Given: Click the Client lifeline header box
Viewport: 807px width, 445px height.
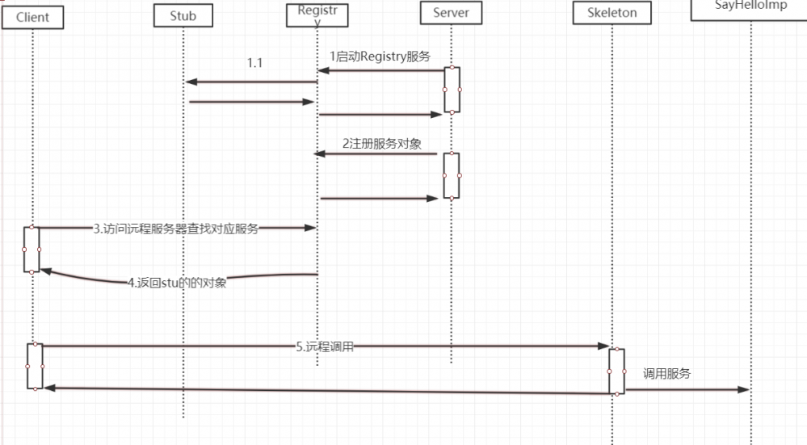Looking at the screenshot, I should pos(32,17).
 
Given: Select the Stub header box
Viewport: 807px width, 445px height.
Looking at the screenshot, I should pos(183,15).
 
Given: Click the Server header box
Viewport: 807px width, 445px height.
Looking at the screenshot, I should pos(451,13).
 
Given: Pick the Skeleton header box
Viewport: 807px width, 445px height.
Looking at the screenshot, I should pos(611,13).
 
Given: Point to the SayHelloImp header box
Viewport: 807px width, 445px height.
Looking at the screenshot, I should pos(750,7).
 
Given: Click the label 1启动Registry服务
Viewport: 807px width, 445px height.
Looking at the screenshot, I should pos(380,56).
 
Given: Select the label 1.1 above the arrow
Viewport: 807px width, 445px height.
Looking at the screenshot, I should pos(254,63).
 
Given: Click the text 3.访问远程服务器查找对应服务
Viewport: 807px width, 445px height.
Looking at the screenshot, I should pos(175,229).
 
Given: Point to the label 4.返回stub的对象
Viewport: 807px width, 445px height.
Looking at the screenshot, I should pos(177,283).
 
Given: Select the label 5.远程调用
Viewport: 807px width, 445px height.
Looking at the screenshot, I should pos(325,346).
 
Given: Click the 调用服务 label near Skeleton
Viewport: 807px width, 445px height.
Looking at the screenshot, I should pos(666,374).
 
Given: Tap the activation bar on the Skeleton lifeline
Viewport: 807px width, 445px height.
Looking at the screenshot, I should pos(616,371).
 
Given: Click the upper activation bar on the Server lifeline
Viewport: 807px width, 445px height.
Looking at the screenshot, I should pos(452,90).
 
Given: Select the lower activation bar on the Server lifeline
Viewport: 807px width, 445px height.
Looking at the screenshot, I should pos(452,175).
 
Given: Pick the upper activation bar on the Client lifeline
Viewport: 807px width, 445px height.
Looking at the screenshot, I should pos(32,250).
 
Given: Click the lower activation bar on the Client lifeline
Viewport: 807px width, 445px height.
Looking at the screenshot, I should pos(34,367).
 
